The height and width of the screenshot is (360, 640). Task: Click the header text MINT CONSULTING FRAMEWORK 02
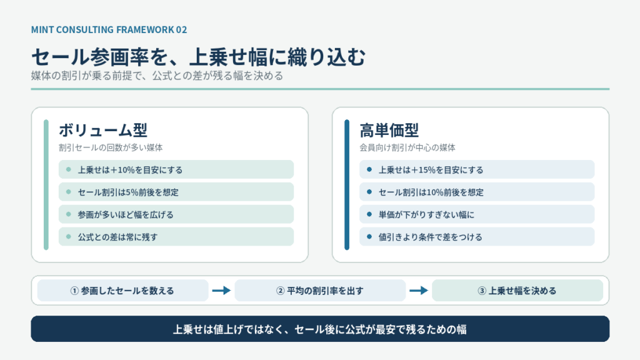tap(109, 30)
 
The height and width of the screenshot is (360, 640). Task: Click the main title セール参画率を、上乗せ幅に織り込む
tap(198, 57)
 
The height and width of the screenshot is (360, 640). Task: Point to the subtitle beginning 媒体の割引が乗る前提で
tap(157, 76)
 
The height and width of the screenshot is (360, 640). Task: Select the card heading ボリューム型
tap(103, 130)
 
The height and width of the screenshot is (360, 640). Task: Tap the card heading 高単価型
tap(389, 130)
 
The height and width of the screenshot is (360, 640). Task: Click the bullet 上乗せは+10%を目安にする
tap(130, 170)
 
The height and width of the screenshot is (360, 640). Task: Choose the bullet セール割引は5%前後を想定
tap(128, 192)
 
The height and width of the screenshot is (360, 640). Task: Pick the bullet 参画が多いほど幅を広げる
tap(126, 215)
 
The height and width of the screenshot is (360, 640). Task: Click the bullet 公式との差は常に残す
tap(117, 237)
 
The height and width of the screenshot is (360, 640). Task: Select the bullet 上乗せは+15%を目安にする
tap(431, 170)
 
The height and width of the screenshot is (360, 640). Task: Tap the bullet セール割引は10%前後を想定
tap(431, 192)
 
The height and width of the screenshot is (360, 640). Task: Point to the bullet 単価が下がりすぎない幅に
tap(426, 215)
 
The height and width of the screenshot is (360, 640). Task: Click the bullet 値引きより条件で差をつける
tap(430, 237)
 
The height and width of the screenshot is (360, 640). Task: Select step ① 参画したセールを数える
tap(122, 291)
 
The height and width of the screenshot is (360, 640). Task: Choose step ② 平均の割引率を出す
tap(320, 291)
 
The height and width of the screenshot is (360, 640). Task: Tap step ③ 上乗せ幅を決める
tap(517, 291)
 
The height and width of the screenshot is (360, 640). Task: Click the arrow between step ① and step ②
tap(222, 291)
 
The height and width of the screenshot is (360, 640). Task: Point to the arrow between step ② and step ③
tap(419, 291)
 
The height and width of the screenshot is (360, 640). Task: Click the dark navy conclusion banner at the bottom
tap(320, 329)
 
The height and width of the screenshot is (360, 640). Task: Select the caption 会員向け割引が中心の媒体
tap(407, 147)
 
